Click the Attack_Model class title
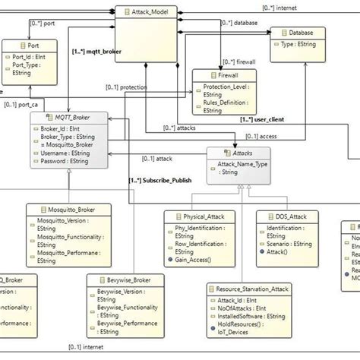(x=151, y=13)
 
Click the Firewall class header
(x=220, y=77)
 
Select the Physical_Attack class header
(x=200, y=216)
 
